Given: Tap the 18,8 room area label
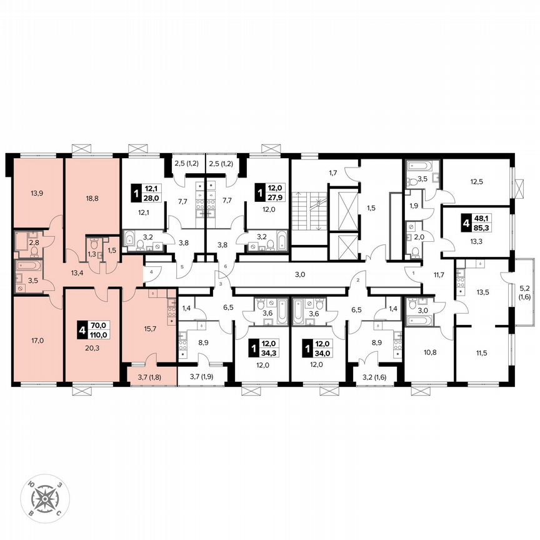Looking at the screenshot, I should click(x=92, y=199).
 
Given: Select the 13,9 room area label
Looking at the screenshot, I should click(x=36, y=194).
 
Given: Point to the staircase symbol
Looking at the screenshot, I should click(x=311, y=213).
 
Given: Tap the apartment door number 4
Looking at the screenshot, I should click(x=151, y=271).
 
